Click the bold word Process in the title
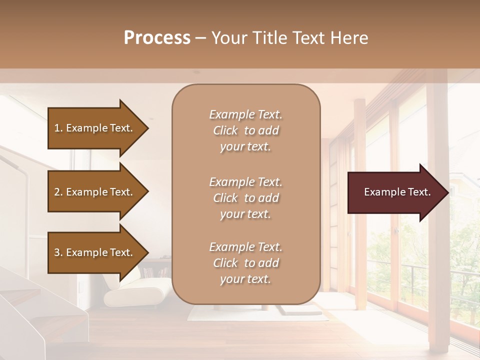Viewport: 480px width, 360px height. point(157,38)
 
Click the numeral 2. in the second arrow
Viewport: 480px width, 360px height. point(58,192)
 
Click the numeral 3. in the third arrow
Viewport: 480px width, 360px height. point(58,252)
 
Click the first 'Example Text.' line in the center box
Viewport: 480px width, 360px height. point(245,114)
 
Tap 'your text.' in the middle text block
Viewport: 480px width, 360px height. point(245,214)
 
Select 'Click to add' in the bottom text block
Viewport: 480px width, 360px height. point(245,263)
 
